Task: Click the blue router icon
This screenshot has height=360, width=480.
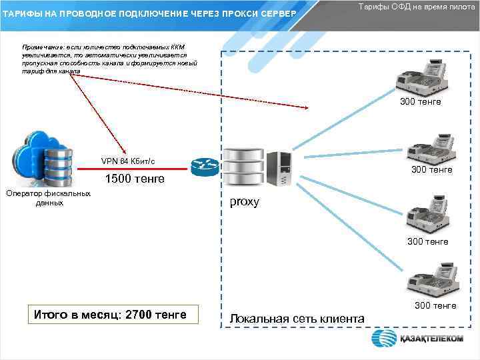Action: (x=200, y=167)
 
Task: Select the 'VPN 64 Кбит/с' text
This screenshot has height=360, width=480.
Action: (x=128, y=161)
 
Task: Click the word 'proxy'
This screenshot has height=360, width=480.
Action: (x=244, y=202)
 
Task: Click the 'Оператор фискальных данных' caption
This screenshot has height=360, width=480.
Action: (x=48, y=198)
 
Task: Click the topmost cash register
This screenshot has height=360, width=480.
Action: (x=421, y=77)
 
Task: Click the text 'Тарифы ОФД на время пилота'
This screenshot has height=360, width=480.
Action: (x=417, y=6)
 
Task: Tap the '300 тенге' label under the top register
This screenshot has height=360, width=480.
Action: (x=420, y=102)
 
